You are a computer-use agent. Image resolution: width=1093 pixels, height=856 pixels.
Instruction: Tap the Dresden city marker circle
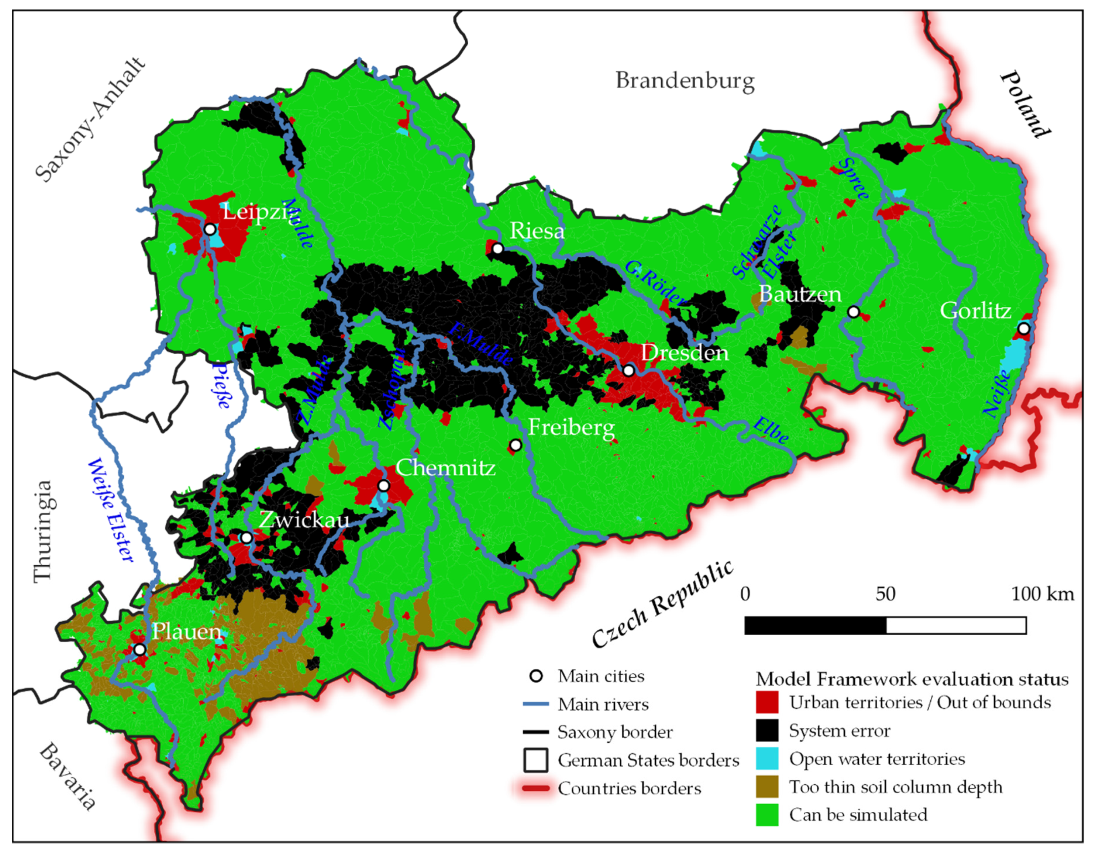[x=629, y=371]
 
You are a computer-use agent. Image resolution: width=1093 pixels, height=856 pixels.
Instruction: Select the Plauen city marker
[x=140, y=649]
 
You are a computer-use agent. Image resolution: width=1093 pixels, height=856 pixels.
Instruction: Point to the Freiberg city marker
[x=515, y=445]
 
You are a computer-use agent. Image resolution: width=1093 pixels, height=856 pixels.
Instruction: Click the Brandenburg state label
[x=685, y=81]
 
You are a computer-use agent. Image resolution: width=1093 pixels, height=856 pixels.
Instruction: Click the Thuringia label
[x=42, y=531]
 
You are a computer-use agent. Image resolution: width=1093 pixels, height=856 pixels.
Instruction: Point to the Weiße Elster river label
[x=111, y=510]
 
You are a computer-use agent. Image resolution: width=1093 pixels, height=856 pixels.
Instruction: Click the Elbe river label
[x=771, y=430]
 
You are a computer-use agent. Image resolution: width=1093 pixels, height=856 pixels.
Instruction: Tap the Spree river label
[x=854, y=179]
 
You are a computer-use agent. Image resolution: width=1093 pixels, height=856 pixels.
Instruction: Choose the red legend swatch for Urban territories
[x=767, y=702]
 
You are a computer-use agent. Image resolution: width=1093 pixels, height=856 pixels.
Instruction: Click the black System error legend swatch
[x=767, y=730]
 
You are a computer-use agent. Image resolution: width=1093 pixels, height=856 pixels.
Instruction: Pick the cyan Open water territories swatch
[x=767, y=758]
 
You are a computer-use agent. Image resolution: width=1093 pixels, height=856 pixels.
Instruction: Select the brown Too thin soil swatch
[x=767, y=786]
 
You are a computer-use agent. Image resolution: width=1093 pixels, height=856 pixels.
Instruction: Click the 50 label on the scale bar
[x=885, y=594]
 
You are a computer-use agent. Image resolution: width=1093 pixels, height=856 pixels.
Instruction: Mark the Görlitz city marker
[x=1024, y=329]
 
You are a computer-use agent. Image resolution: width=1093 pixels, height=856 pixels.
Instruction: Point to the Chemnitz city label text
[x=445, y=468]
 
